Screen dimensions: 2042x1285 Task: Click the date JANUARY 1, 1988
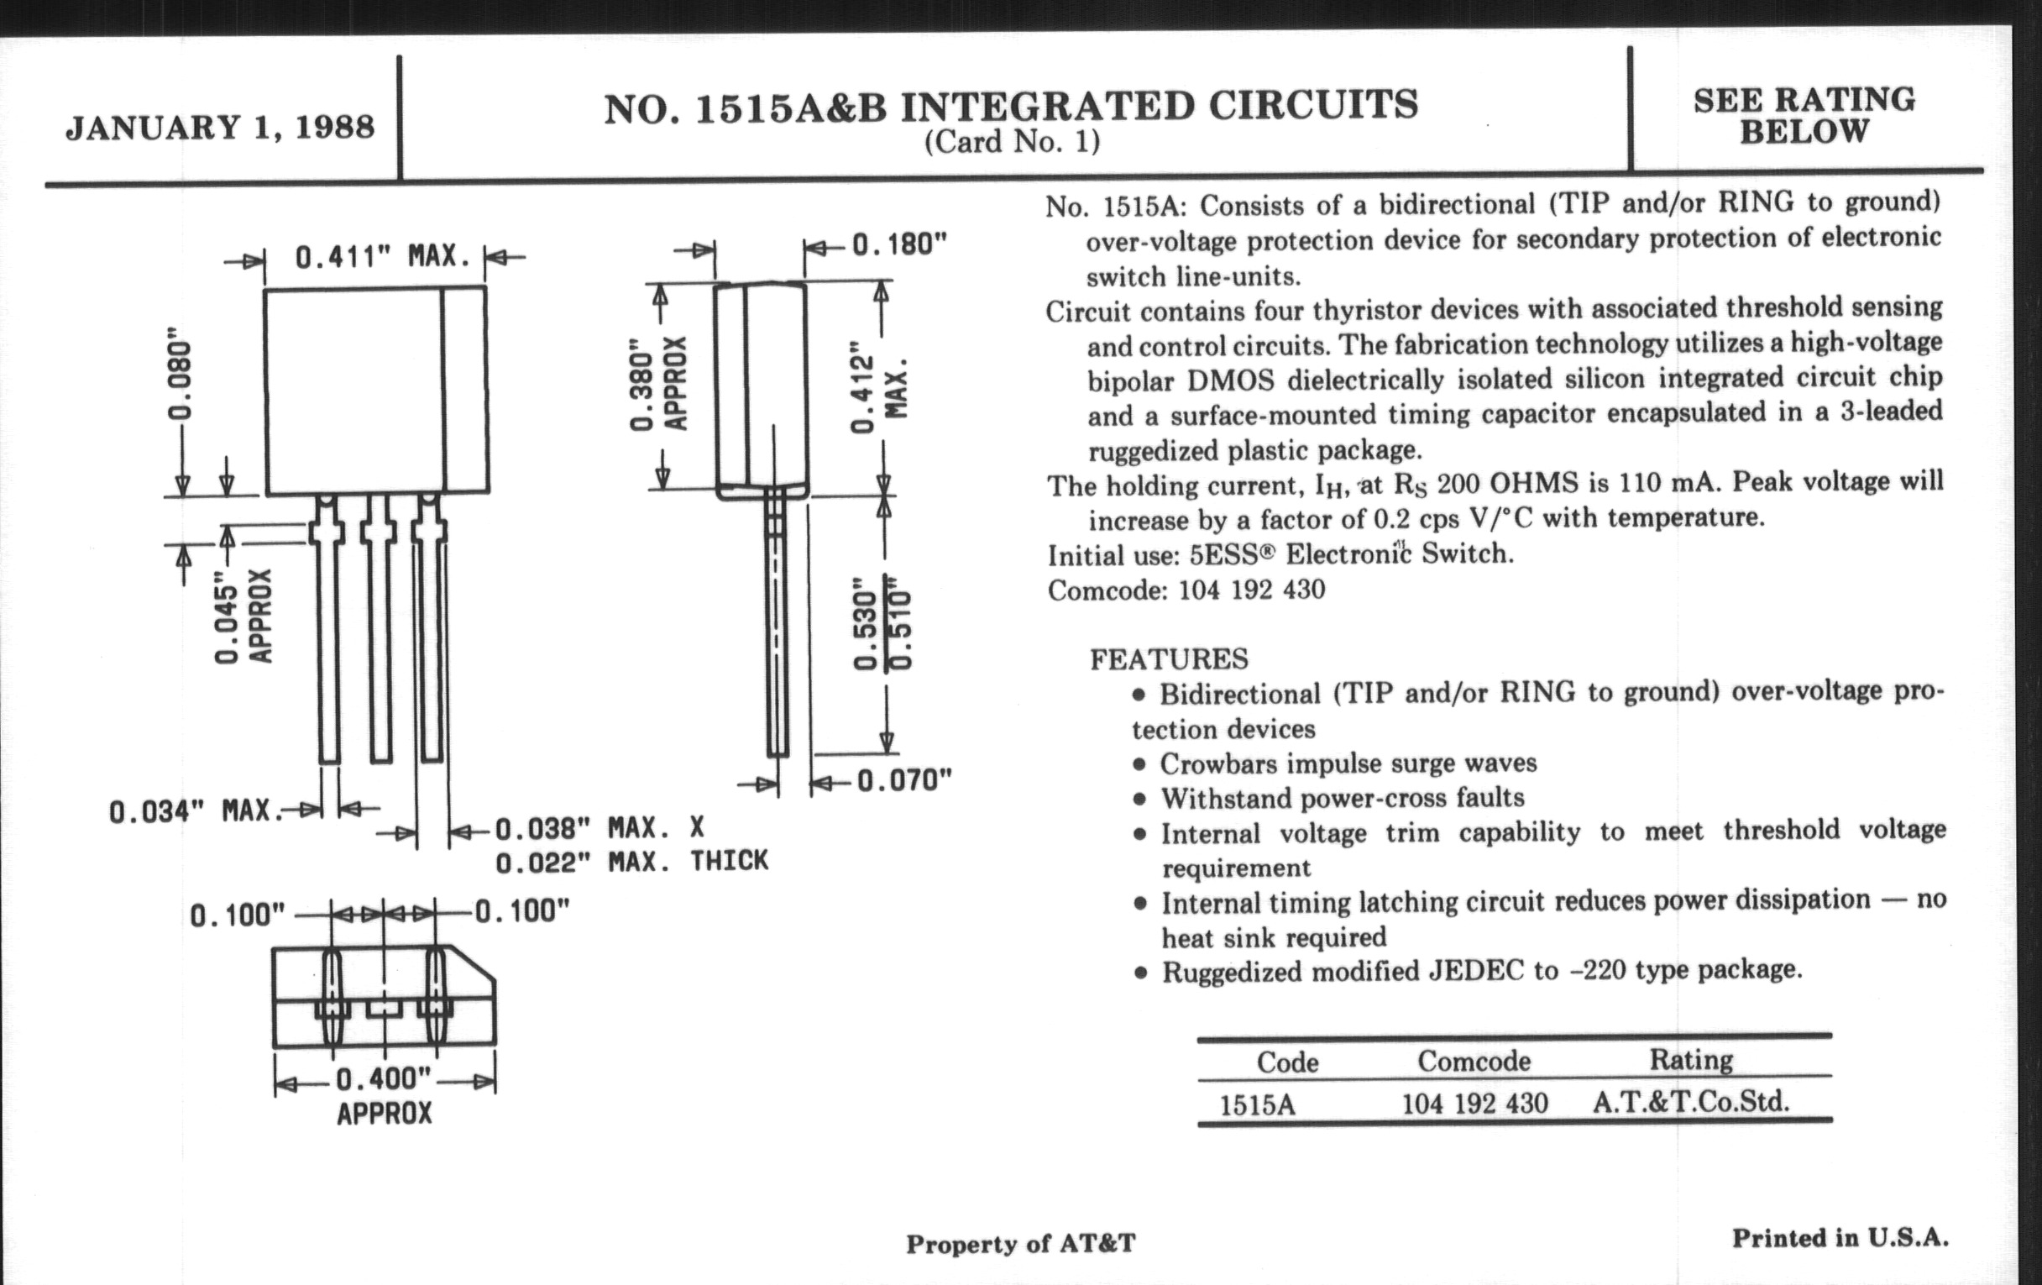(x=220, y=127)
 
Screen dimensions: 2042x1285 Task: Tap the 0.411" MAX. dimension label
(x=382, y=255)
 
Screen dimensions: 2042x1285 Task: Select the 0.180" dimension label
(x=899, y=244)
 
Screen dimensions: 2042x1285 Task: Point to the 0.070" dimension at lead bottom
(x=904, y=780)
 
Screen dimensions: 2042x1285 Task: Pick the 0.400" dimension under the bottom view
(x=385, y=1080)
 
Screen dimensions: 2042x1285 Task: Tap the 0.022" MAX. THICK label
(x=631, y=862)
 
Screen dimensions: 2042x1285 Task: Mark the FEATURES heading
(x=1169, y=659)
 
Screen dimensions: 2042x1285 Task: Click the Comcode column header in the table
(x=1474, y=1060)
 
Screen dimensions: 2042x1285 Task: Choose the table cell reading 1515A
(x=1258, y=1105)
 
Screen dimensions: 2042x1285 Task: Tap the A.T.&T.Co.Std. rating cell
(x=1691, y=1102)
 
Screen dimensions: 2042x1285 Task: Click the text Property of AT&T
(x=1020, y=1244)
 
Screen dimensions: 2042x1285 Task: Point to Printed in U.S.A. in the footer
(x=1840, y=1238)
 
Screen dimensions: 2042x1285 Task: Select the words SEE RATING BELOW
(x=1804, y=115)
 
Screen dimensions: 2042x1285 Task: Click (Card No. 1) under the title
(x=1012, y=141)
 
